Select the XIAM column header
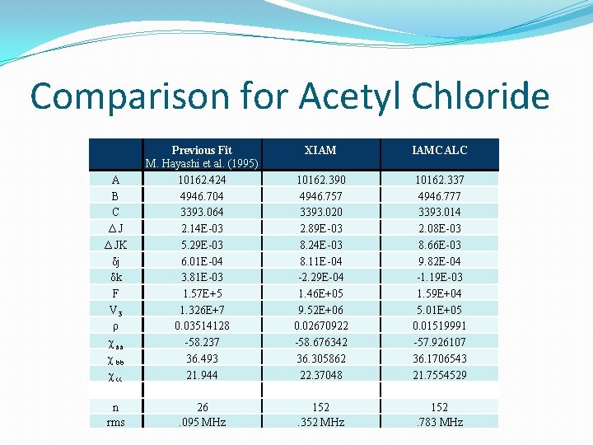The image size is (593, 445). tap(320, 150)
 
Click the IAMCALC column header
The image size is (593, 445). tap(440, 150)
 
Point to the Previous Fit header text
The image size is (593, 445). tap(202, 150)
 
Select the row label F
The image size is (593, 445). tap(115, 293)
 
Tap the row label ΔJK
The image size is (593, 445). tap(115, 244)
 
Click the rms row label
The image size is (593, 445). tap(115, 422)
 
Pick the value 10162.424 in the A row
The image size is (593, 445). tap(202, 180)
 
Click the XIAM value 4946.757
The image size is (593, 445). tap(320, 196)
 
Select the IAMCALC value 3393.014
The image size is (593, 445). tap(440, 212)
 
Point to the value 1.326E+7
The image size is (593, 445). tap(202, 309)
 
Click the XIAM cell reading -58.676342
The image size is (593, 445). tap(320, 341)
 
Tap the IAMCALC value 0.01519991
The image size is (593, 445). tap(440, 326)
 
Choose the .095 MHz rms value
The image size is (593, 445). tap(202, 422)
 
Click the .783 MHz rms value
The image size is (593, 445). tap(440, 422)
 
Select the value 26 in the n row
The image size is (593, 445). tap(202, 407)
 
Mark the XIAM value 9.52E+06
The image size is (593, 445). tap(320, 309)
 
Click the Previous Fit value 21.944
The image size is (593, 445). tap(202, 374)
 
